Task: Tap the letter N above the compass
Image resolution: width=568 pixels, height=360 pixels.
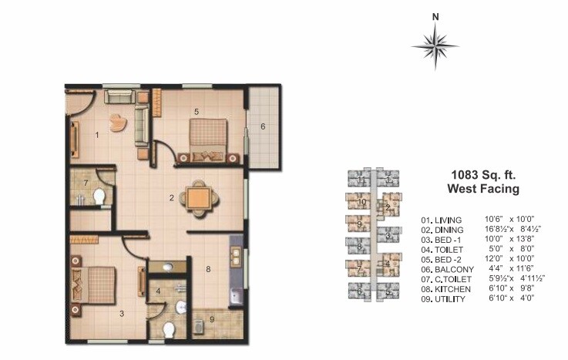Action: click(x=435, y=16)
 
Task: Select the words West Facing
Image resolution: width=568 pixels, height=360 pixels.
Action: click(x=483, y=188)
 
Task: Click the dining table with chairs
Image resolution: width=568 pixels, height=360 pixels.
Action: click(x=198, y=198)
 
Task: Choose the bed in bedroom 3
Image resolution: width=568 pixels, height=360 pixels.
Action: click(x=96, y=281)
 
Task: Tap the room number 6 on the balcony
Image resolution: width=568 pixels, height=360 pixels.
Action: click(x=263, y=126)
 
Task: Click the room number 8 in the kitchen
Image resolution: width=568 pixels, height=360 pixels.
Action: click(x=207, y=269)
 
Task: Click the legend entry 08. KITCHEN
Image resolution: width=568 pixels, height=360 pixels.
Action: click(x=445, y=288)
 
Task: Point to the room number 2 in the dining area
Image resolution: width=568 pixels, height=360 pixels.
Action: click(x=171, y=197)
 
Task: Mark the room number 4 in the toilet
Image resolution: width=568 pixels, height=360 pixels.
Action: click(x=157, y=291)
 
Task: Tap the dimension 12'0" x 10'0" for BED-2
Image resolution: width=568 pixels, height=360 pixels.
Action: click(x=514, y=258)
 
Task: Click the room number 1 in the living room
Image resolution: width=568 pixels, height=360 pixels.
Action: click(x=97, y=135)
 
